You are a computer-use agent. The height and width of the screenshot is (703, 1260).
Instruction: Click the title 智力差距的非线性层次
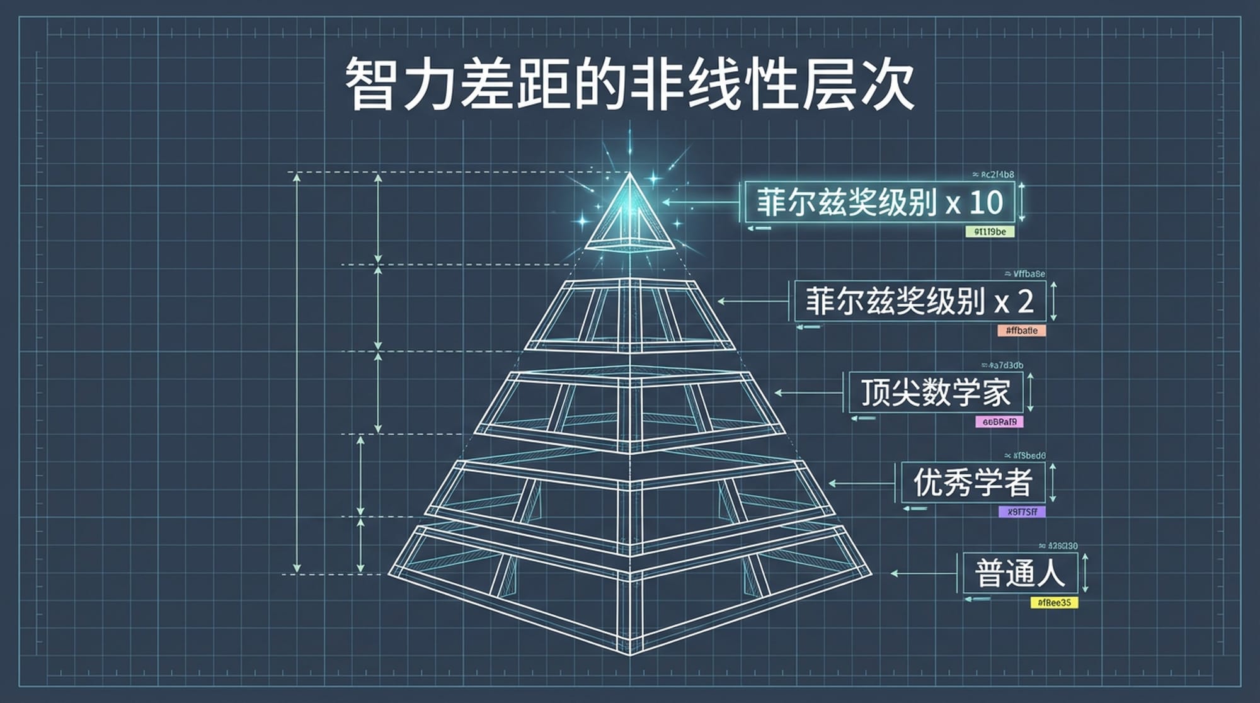click(x=630, y=84)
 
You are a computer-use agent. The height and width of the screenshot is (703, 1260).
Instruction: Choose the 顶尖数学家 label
click(x=936, y=392)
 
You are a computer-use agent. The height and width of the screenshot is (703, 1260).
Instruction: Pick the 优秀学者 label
click(x=972, y=483)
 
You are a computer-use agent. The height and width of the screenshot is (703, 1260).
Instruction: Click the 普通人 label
click(x=1020, y=573)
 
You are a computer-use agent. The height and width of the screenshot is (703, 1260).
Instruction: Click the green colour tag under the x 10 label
click(x=990, y=232)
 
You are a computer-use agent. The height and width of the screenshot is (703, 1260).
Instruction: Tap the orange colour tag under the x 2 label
click(x=1021, y=331)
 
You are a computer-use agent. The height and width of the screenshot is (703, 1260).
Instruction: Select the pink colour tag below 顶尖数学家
click(x=999, y=422)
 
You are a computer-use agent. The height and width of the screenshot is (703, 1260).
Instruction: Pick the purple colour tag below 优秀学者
click(x=1022, y=512)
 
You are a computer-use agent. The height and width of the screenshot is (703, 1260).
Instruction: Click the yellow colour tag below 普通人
click(x=1054, y=603)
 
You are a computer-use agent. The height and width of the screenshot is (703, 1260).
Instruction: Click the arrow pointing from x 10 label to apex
click(x=699, y=202)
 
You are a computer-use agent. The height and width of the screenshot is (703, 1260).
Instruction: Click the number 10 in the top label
click(x=986, y=202)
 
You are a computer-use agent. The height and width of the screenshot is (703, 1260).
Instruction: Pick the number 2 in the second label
click(x=1025, y=301)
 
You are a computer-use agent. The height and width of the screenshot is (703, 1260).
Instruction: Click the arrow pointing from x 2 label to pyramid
click(x=753, y=301)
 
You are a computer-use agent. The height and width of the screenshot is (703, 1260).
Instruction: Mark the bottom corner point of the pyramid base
click(x=630, y=654)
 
